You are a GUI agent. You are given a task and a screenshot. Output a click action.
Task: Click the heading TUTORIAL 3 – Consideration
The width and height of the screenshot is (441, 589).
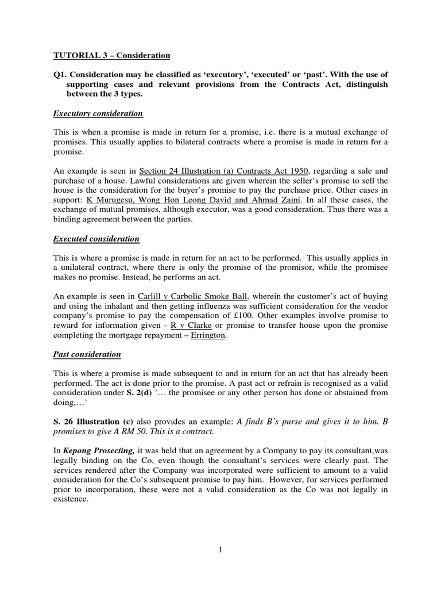pos(111,56)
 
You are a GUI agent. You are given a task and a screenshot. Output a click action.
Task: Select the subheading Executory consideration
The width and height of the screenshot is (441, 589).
pos(98,113)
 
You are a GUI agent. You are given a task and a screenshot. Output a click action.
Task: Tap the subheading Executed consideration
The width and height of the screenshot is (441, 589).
pos(96,238)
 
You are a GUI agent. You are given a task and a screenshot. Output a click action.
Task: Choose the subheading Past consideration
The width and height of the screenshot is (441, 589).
pos(87,354)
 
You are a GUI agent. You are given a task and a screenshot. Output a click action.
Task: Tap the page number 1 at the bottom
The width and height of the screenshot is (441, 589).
pos(220,550)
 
